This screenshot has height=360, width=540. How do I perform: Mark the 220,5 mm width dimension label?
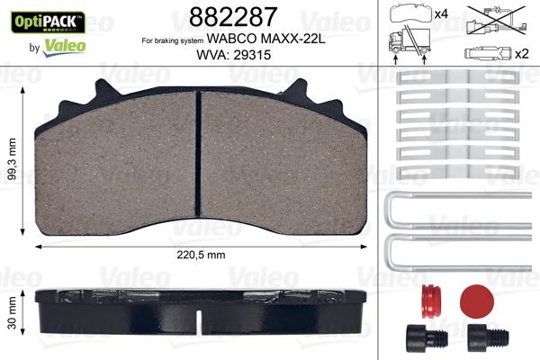198,255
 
